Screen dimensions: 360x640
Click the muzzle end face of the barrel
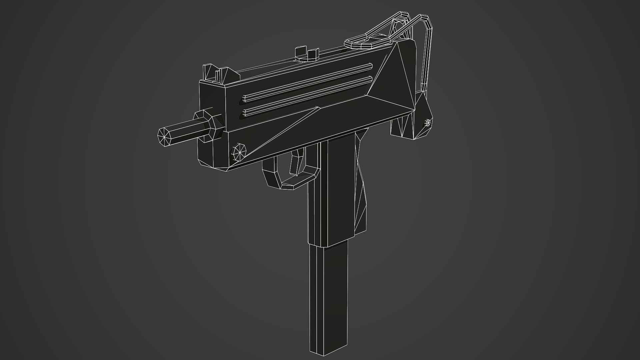(x=165, y=137)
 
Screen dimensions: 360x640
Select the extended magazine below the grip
(x=328, y=300)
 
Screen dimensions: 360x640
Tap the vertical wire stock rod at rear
(x=427, y=57)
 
